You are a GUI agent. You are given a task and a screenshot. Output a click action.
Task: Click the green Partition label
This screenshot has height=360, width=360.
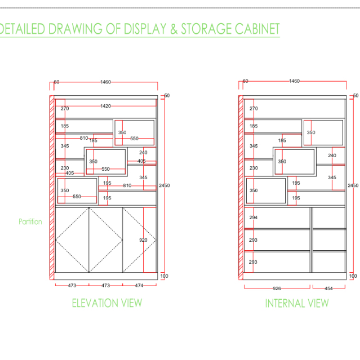(x=30, y=221)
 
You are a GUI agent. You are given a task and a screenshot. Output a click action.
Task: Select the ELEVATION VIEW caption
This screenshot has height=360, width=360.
(x=106, y=303)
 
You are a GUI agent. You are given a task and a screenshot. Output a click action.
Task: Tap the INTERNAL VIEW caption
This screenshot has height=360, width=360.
(x=296, y=303)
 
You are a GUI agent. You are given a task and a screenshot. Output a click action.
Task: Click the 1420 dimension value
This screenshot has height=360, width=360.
(x=105, y=106)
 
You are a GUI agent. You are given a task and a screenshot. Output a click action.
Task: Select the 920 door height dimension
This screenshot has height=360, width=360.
(x=143, y=240)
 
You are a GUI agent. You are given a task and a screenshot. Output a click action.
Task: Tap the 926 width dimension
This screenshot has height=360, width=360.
(x=277, y=288)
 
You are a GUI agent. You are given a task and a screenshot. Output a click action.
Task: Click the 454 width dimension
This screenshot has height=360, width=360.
(x=328, y=288)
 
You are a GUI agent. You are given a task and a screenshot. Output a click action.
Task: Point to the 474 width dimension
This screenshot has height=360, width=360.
(x=139, y=286)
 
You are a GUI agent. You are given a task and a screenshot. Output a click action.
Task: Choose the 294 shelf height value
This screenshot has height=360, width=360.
(x=253, y=217)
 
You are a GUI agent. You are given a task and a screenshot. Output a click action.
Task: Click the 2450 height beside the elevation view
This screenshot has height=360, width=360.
(x=164, y=185)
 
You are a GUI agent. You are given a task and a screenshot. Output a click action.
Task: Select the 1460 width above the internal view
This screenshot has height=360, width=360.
(x=294, y=81)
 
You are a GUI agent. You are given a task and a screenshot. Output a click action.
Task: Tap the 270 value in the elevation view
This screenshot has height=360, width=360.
(x=65, y=109)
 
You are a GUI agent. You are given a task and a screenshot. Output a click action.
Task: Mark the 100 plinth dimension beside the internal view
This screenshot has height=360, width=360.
(x=353, y=276)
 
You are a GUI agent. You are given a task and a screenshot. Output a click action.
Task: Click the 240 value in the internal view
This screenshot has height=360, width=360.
(x=332, y=155)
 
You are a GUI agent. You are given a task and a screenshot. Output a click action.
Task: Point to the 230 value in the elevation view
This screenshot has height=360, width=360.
(x=65, y=168)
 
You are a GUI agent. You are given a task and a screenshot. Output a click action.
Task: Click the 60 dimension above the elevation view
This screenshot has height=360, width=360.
(x=56, y=82)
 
